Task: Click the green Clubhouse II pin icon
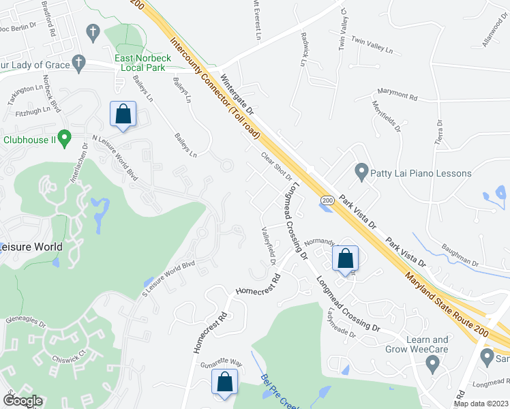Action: click(65, 139)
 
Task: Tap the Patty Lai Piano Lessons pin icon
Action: click(361, 172)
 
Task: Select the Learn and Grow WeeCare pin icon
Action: click(431, 366)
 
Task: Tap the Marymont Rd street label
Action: click(402, 95)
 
